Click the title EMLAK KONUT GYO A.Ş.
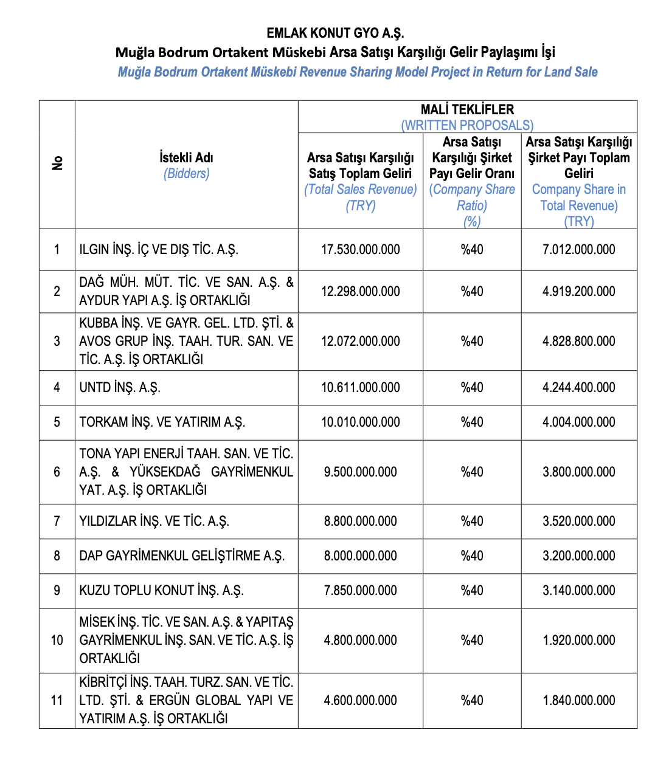(x=335, y=33)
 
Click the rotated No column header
(x=57, y=164)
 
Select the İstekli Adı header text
(x=186, y=158)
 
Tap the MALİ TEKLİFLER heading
(x=467, y=109)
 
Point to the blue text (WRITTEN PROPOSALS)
(x=467, y=125)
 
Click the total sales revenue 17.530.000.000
(x=361, y=249)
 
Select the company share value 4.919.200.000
(x=578, y=291)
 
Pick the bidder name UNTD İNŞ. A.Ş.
(x=120, y=387)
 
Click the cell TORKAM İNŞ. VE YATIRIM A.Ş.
(x=162, y=422)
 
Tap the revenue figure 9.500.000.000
(x=361, y=472)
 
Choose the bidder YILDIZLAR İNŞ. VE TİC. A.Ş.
(x=154, y=521)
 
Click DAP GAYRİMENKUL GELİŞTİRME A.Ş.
(x=182, y=556)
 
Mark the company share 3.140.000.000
(x=578, y=590)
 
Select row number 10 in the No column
(x=57, y=640)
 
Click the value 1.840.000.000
(x=578, y=700)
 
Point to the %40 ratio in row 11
(x=472, y=700)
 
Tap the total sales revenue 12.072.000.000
(x=361, y=341)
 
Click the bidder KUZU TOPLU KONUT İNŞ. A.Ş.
(x=161, y=590)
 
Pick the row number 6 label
(x=57, y=472)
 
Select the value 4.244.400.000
(x=578, y=387)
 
